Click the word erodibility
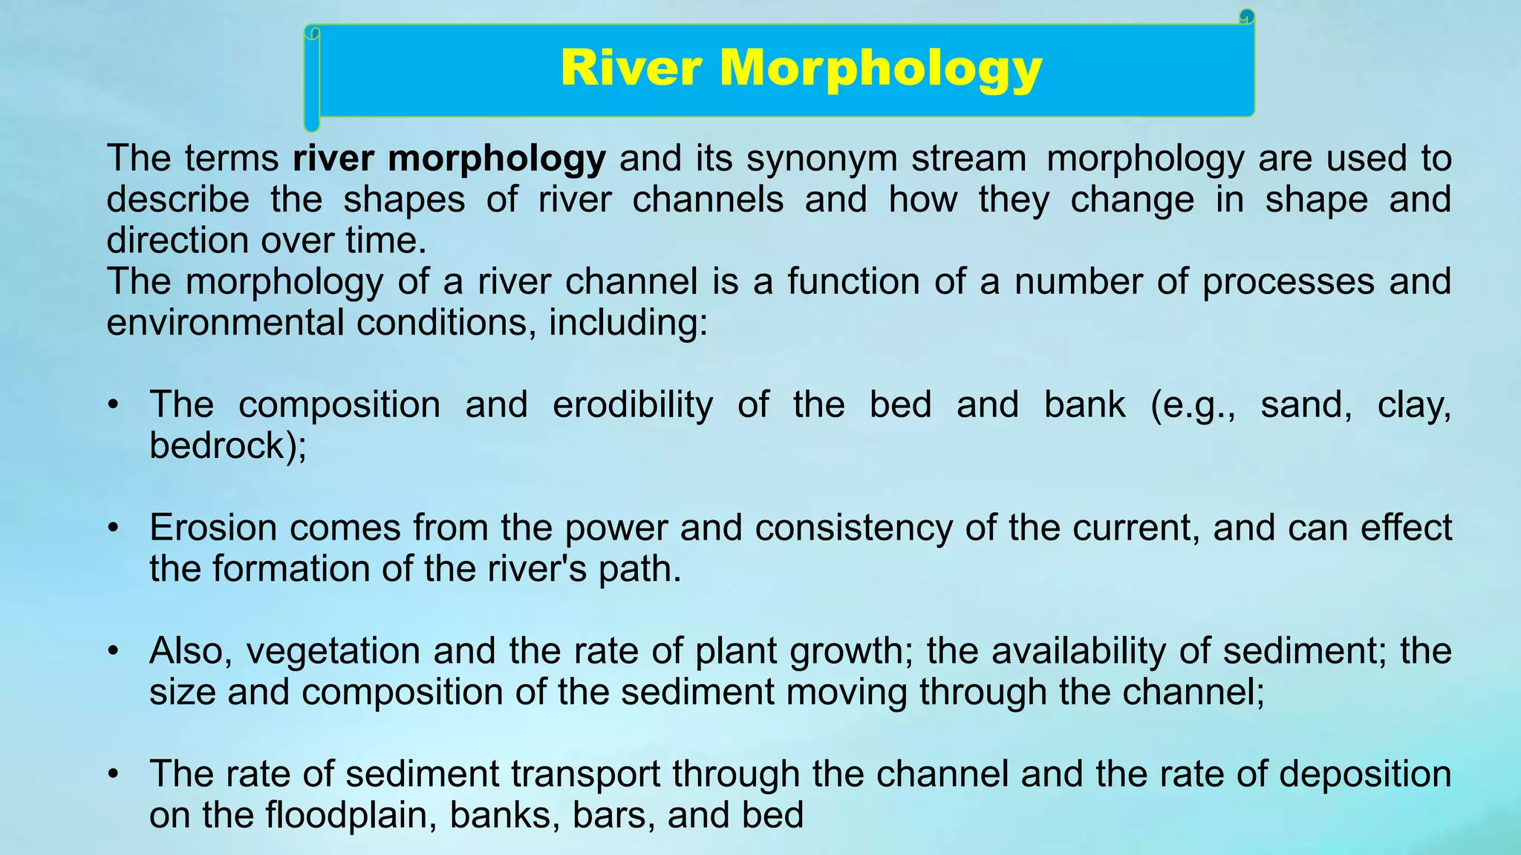[x=632, y=405]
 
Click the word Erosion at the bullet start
[x=213, y=528]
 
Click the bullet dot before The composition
[x=113, y=406]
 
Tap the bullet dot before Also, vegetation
[x=113, y=652]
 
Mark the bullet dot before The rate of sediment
[x=113, y=775]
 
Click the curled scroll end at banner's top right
[x=1247, y=16]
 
